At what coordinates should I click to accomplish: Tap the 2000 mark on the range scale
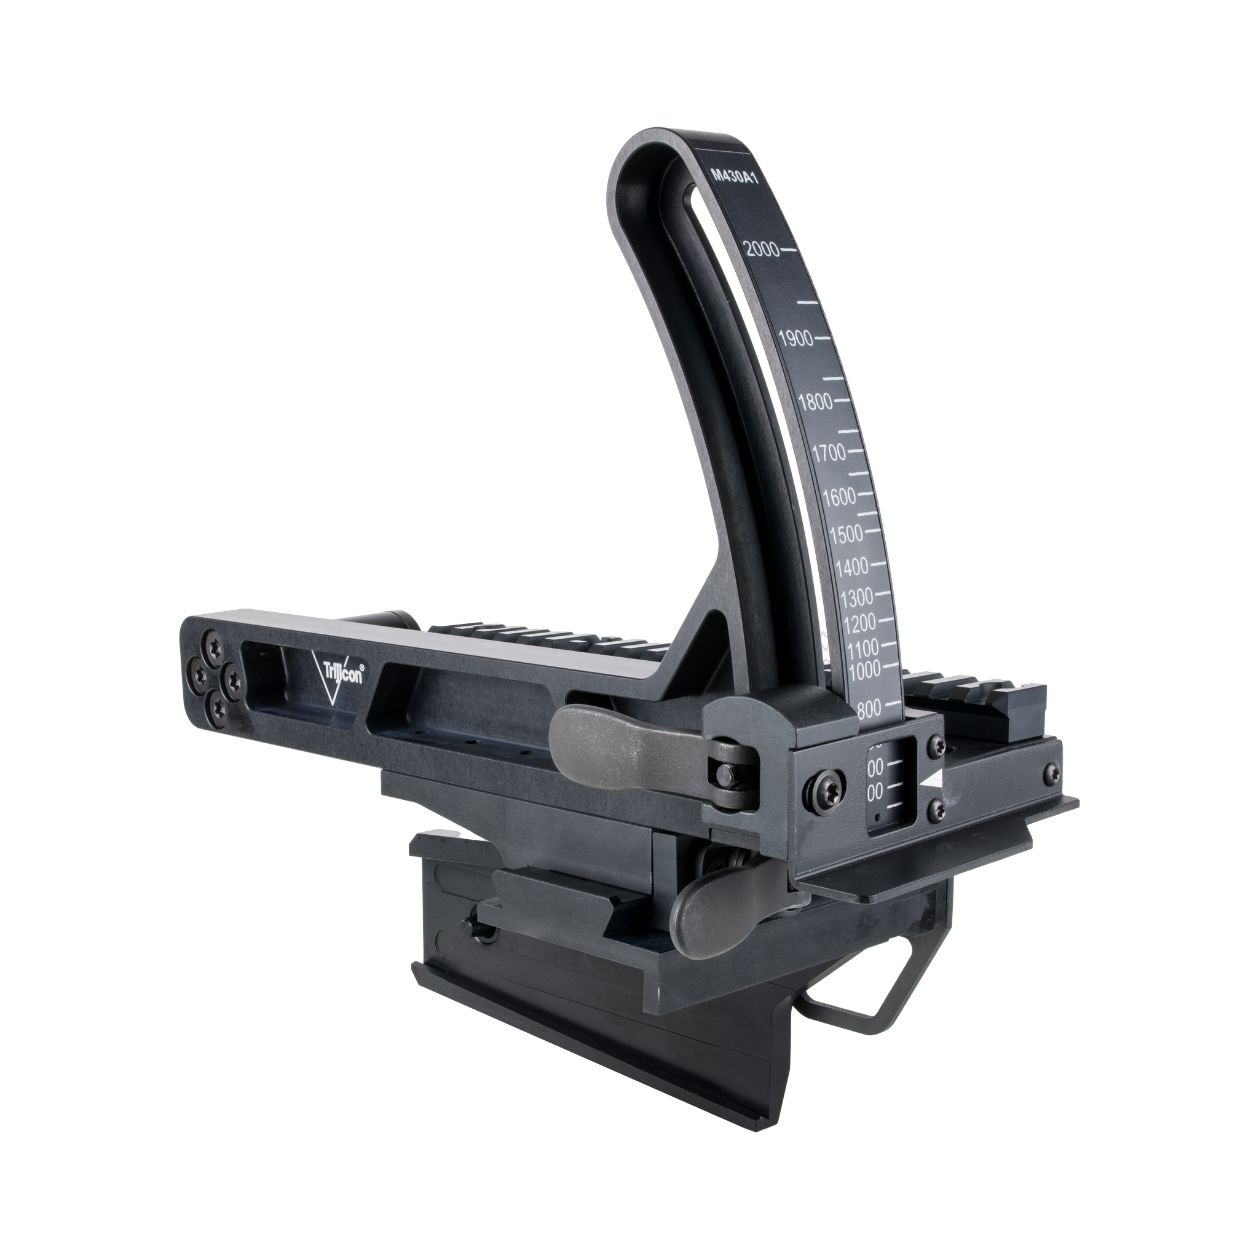[762, 249]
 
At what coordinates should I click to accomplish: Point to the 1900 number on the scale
[795, 338]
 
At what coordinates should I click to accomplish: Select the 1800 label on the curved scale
[815, 402]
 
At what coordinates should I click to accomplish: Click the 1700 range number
[828, 451]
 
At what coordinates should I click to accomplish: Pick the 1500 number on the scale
[846, 534]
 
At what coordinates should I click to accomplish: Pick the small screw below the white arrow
[937, 810]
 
